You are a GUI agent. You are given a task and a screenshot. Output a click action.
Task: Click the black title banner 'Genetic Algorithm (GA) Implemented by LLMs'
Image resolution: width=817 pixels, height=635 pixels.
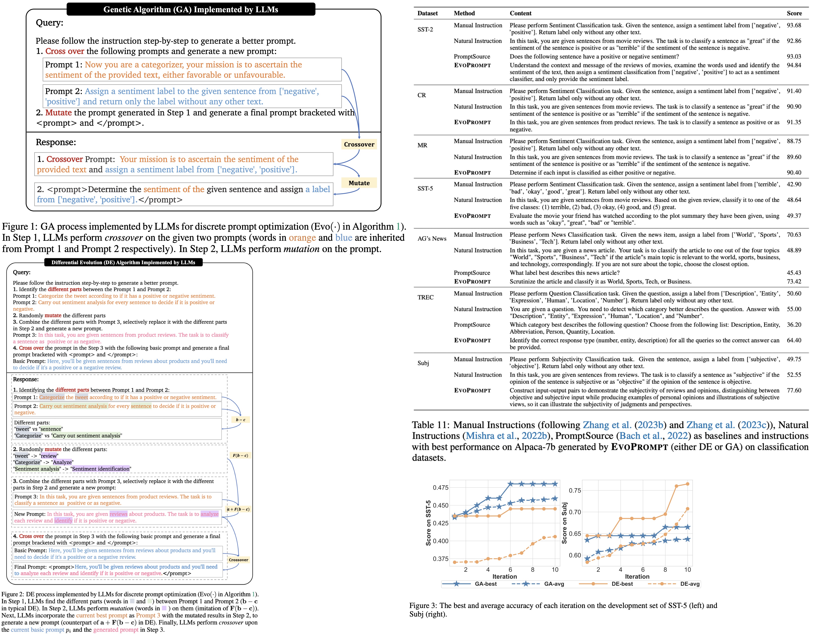[x=191, y=9]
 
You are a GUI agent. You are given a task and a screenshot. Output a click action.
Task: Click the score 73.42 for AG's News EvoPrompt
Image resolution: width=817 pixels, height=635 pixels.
[x=794, y=281]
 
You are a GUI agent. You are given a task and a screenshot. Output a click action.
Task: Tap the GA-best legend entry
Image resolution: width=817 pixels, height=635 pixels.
[x=485, y=584]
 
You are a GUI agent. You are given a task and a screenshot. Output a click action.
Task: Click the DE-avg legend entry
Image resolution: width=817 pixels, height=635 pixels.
[x=689, y=584]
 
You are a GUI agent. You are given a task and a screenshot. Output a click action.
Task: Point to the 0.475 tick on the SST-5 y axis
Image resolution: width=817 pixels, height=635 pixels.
[x=440, y=488]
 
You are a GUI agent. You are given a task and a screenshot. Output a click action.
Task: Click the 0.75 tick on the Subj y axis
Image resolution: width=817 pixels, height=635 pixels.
[x=575, y=490]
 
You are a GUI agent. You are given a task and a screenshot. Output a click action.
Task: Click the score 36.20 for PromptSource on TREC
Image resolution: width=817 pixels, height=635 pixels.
[x=794, y=325]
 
